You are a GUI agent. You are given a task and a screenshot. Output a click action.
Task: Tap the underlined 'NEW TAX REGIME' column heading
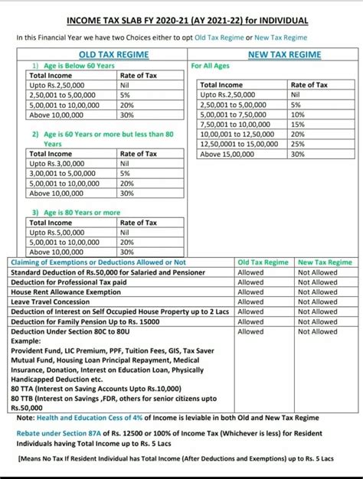click(284, 55)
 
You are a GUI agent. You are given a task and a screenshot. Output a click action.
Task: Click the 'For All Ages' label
click(212, 67)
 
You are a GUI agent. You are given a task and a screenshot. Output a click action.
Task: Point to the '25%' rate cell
click(298, 144)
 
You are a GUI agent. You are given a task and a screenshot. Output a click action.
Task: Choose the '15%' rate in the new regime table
click(298, 124)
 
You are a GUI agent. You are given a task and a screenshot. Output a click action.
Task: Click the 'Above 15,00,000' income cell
click(227, 154)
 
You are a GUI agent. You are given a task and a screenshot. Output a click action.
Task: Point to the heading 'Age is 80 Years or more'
click(80, 212)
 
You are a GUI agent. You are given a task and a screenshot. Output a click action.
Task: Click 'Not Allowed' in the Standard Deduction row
click(317, 272)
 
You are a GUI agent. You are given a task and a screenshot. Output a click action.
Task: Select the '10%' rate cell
click(298, 114)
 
